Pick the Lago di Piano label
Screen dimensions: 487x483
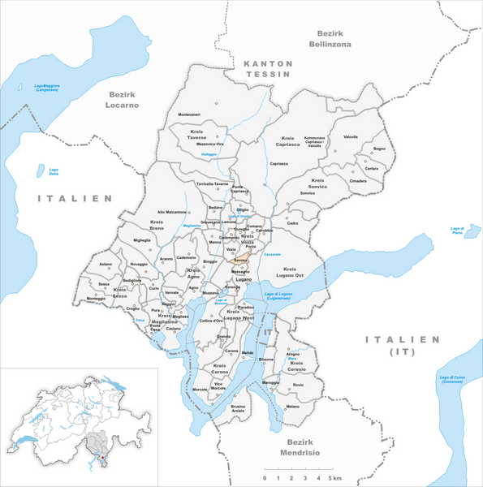[462, 231]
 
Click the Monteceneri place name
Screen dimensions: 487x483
[194, 113]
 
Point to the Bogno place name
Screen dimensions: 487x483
[379, 149]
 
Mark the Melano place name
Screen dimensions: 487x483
[293, 406]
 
